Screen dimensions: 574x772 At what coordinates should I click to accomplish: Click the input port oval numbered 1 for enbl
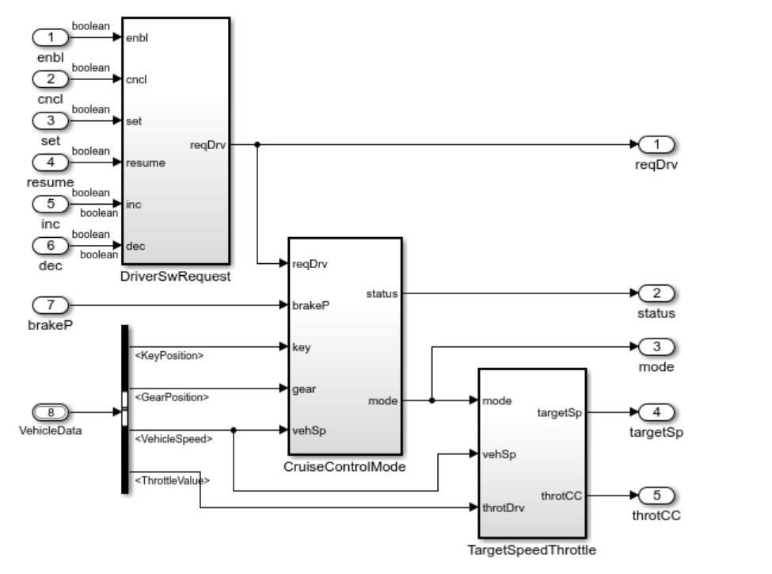(x=51, y=37)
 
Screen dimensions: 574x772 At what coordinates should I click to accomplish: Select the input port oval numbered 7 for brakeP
(x=51, y=304)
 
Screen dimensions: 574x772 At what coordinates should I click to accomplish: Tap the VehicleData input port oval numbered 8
(x=51, y=412)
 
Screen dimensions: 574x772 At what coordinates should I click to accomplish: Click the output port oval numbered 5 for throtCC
(x=656, y=496)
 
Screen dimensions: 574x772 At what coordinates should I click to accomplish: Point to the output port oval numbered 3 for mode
(x=656, y=347)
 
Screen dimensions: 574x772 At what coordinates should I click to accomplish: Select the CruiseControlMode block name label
(x=344, y=466)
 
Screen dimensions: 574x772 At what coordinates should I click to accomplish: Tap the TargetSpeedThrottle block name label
(x=532, y=549)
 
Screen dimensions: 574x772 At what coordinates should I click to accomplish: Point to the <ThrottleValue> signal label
(x=170, y=480)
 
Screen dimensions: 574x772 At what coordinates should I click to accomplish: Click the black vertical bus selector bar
(x=124, y=408)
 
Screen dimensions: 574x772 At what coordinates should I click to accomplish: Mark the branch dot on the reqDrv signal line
(x=258, y=145)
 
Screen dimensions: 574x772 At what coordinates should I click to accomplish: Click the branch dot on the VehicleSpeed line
(x=234, y=430)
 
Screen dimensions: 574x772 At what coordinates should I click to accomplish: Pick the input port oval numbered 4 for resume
(x=51, y=163)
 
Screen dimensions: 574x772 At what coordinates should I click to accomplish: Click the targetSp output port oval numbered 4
(x=656, y=412)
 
